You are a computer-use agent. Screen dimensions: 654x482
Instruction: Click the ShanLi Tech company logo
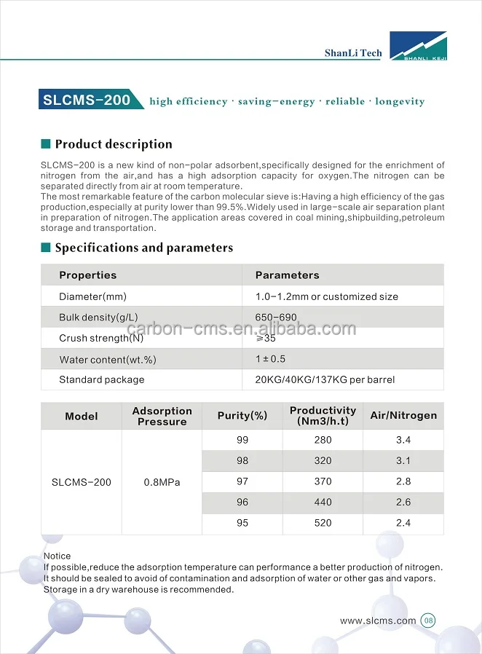418,46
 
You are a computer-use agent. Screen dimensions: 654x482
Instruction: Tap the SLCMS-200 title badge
87,100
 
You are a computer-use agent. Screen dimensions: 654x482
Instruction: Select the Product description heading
114,144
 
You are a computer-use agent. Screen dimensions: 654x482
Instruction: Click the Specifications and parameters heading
143,248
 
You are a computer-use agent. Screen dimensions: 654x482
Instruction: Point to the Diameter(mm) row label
92,296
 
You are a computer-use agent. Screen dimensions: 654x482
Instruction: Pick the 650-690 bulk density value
276,318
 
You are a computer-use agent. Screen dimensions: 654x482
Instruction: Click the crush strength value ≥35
265,338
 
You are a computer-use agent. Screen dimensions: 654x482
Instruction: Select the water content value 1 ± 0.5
270,359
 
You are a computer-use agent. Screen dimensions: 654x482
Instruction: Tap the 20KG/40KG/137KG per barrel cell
325,379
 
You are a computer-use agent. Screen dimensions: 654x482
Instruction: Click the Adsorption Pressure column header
162,416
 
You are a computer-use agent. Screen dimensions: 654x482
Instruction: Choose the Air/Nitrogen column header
403,416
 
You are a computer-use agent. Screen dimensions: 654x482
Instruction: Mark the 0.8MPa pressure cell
162,482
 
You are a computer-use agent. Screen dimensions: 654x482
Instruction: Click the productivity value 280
323,440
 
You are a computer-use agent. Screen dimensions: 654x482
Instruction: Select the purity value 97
242,481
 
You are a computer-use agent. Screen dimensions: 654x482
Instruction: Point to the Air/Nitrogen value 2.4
403,523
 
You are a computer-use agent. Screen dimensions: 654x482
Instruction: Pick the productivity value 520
323,523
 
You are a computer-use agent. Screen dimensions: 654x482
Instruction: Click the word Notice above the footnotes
58,556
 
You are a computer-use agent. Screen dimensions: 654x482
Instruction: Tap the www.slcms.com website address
378,621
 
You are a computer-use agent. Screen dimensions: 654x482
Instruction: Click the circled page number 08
428,621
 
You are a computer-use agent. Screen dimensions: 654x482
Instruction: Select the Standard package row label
102,379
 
